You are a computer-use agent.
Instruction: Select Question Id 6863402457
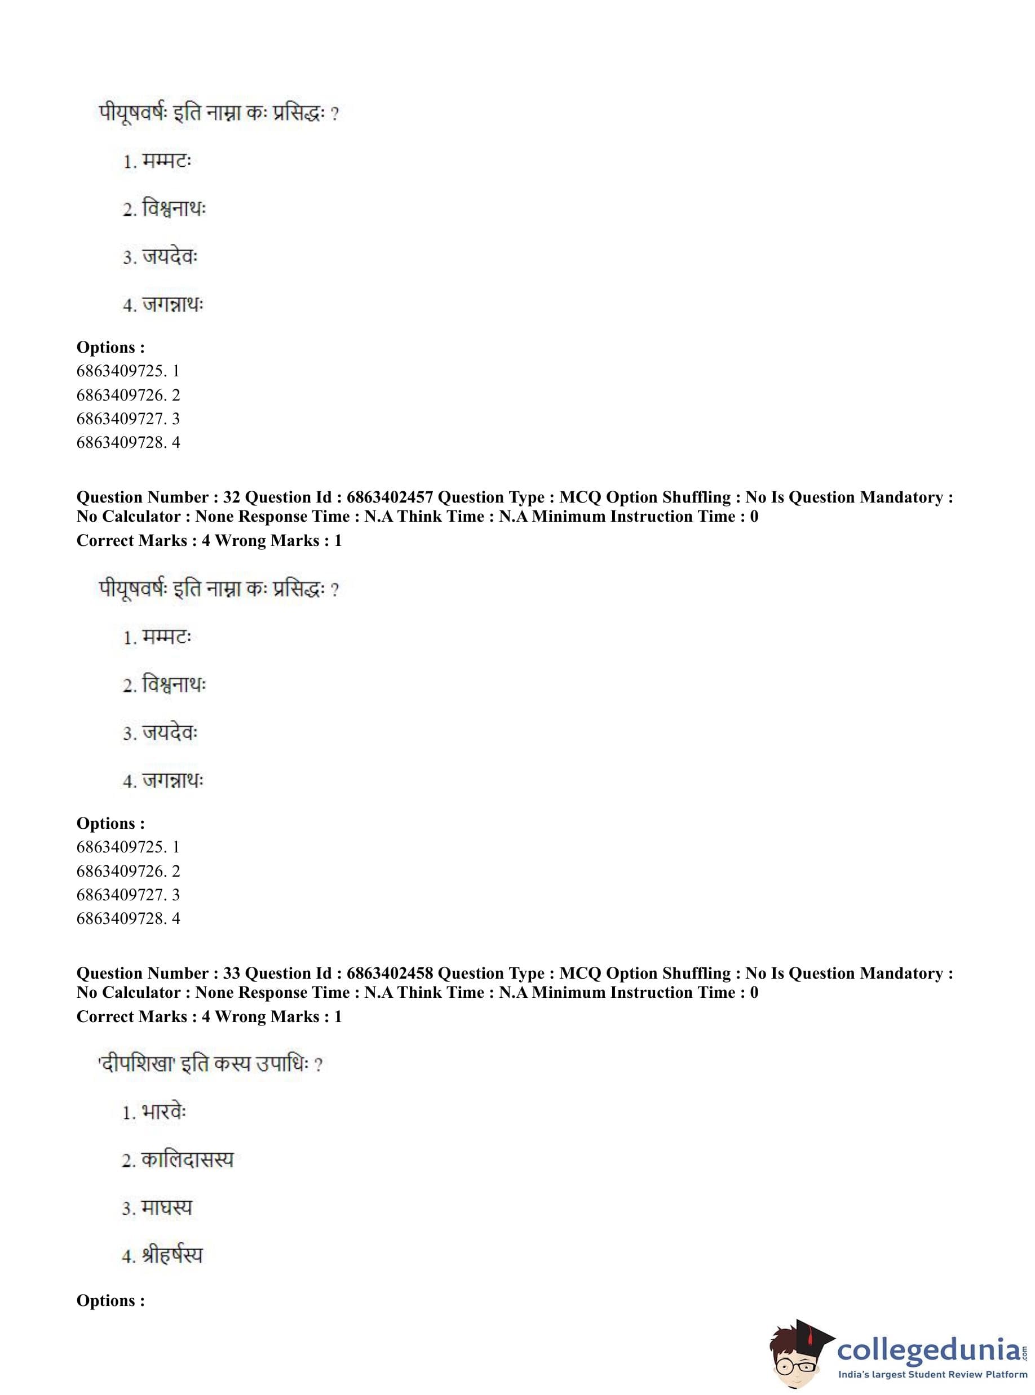(x=389, y=497)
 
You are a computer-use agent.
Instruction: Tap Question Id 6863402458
(x=389, y=973)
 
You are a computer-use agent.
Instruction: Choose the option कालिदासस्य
(x=187, y=1159)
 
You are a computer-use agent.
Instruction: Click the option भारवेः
(x=163, y=1112)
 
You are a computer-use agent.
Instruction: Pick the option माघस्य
(x=166, y=1207)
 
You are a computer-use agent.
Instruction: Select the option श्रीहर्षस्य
(x=172, y=1255)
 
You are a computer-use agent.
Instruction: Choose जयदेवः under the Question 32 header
(x=169, y=732)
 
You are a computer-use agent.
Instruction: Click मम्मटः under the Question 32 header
(x=166, y=637)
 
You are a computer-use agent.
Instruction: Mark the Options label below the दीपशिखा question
(x=110, y=1300)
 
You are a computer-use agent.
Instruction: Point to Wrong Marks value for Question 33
(x=338, y=1016)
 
